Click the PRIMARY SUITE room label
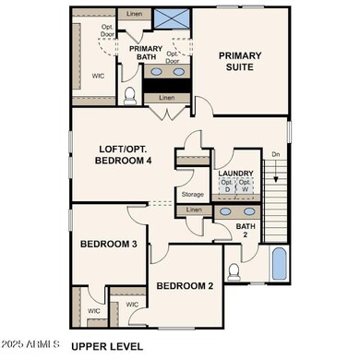(x=240, y=61)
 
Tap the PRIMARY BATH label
(x=146, y=54)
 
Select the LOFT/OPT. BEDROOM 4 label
(x=137, y=154)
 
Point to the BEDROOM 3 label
(x=108, y=244)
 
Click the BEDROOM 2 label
(x=185, y=286)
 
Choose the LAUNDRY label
(x=235, y=173)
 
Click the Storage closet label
(x=192, y=195)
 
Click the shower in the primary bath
(x=172, y=18)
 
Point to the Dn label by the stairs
(x=275, y=155)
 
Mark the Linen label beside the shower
(x=135, y=15)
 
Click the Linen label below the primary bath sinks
(x=166, y=97)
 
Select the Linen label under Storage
(x=194, y=211)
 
